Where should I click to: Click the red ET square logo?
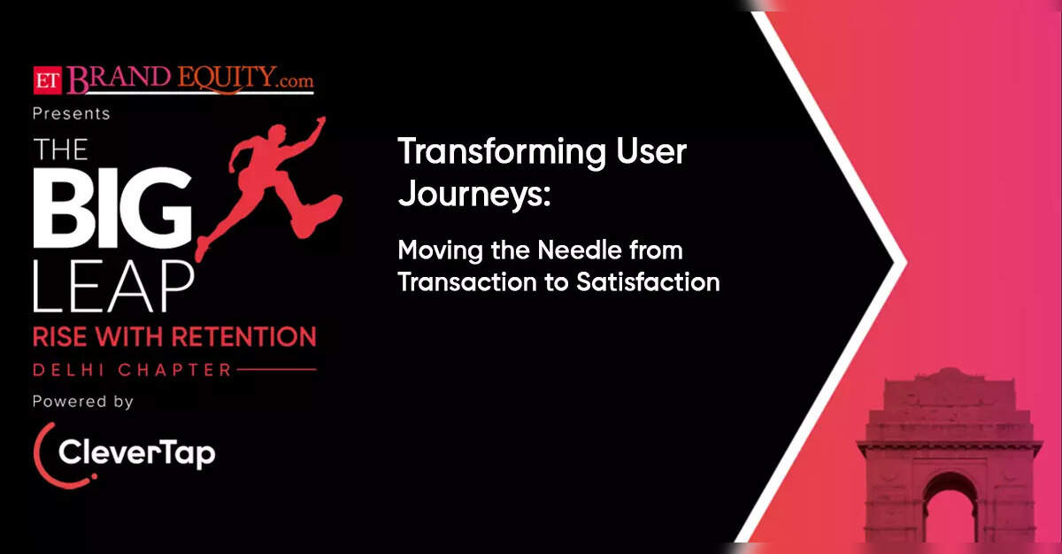click(x=48, y=81)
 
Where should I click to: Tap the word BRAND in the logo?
click(x=119, y=79)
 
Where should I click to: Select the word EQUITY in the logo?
click(x=227, y=79)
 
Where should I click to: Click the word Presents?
click(x=72, y=114)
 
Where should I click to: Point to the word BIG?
click(x=112, y=208)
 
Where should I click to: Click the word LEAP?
click(x=114, y=286)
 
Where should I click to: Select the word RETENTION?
click(x=243, y=337)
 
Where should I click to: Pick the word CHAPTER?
click(x=175, y=370)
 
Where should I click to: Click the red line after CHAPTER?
click(x=276, y=369)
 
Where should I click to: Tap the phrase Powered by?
click(x=83, y=402)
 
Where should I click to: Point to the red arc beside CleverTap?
click(x=39, y=454)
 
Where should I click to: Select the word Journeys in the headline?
click(x=470, y=194)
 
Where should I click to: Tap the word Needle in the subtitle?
click(x=580, y=250)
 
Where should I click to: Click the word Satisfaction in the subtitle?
click(x=648, y=282)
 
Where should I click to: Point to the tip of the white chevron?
click(x=906, y=262)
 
